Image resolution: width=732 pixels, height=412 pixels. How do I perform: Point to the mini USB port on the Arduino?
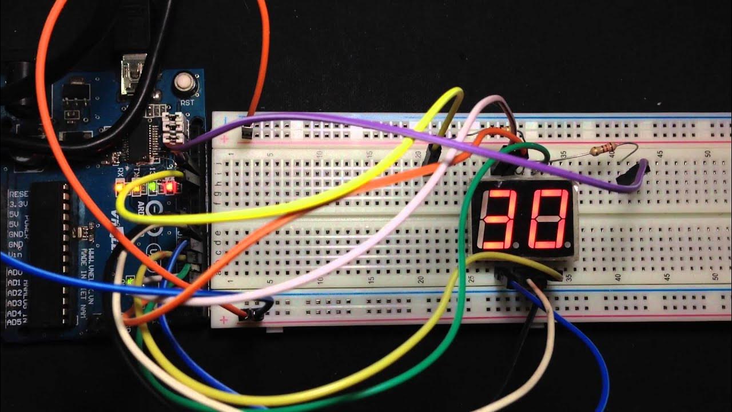tap(133, 74)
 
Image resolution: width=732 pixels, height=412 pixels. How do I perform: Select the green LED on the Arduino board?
tap(153, 187)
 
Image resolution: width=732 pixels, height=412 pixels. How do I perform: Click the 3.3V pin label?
tap(19, 203)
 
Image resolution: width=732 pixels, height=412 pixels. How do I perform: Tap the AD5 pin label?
tap(14, 323)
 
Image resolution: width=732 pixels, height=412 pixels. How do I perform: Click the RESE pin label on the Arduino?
tap(19, 194)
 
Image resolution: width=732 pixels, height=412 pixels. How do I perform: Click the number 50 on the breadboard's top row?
tap(709, 153)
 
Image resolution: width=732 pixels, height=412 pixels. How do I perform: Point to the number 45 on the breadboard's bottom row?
tap(667, 277)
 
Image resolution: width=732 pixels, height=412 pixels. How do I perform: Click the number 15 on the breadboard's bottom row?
tap(371, 280)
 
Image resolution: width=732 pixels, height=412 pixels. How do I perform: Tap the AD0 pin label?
tap(15, 272)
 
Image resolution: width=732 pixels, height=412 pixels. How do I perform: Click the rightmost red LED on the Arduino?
tap(169, 187)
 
